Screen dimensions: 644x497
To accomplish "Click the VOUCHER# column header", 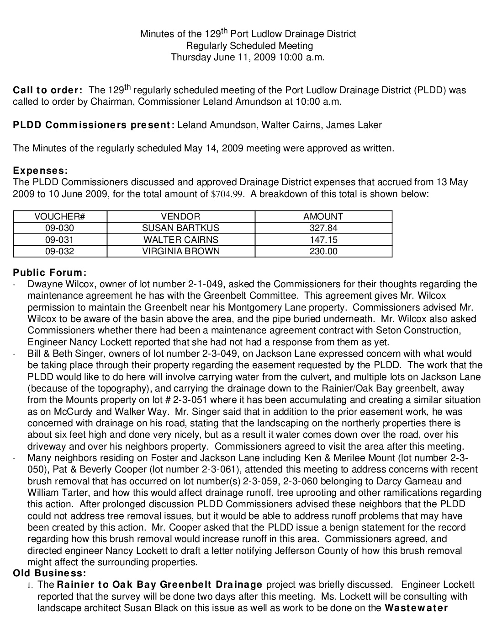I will [60, 216].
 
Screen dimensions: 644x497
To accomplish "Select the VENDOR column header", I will [180, 216].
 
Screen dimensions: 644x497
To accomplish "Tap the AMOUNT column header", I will [323, 216].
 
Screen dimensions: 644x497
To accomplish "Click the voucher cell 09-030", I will [60, 228].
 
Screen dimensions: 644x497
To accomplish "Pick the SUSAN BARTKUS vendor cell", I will [180, 228].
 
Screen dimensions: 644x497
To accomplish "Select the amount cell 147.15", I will [323, 239].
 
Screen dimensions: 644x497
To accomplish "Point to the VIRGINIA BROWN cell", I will [180, 251].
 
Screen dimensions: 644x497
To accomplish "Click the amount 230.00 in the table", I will [323, 251].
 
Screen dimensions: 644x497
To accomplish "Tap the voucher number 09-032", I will [60, 251].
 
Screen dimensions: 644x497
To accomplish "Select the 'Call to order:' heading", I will [48, 90].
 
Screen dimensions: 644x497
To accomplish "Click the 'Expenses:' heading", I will [40, 171].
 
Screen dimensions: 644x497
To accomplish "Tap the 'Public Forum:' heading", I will [50, 273].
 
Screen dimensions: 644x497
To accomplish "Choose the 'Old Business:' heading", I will [49, 573].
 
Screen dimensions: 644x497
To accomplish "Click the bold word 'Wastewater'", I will [416, 608].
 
